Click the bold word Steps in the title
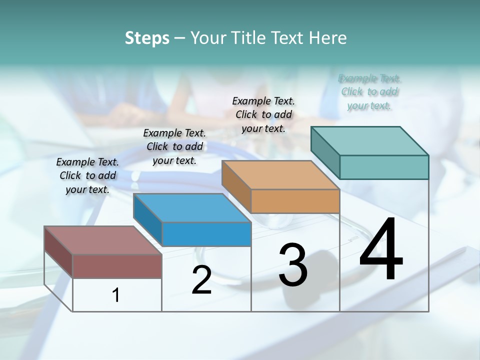tap(147, 38)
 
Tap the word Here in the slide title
tap(328, 38)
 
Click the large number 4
tap(381, 250)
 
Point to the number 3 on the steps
tap(293, 265)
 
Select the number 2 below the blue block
tap(201, 280)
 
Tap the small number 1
tap(116, 295)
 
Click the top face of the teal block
tap(370, 140)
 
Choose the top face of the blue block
tap(192, 208)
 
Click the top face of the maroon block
tap(103, 240)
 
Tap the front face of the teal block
tap(384, 167)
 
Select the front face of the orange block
tap(295, 201)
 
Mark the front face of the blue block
tap(206, 234)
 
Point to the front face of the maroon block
tap(117, 266)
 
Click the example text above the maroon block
tap(87, 175)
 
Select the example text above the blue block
tap(174, 146)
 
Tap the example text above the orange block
tap(263, 114)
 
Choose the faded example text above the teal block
tap(369, 92)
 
